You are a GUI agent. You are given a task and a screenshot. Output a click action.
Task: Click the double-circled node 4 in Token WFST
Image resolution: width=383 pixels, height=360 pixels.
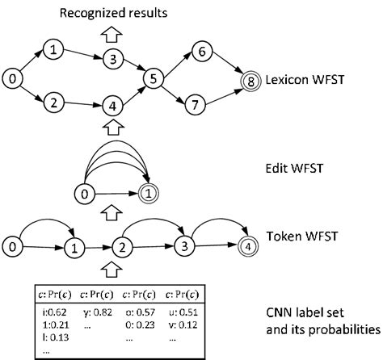249,244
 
